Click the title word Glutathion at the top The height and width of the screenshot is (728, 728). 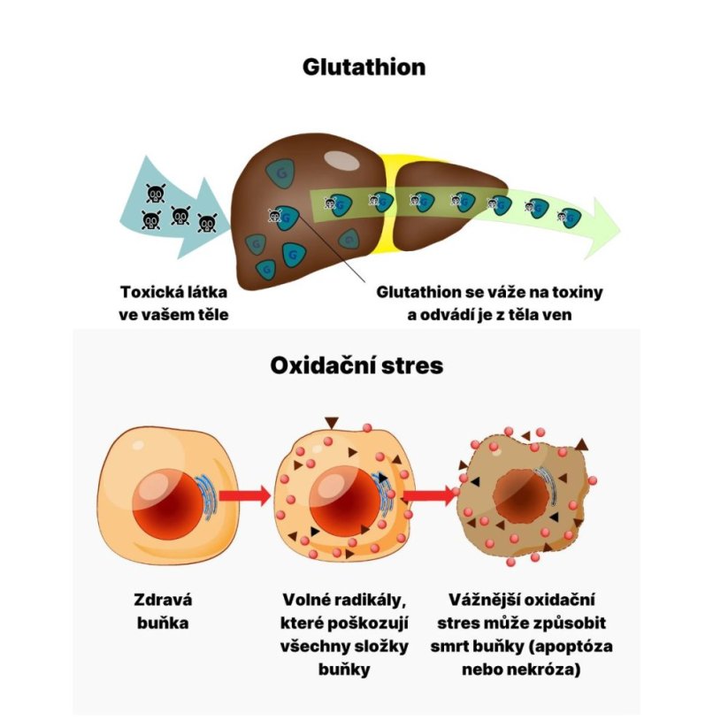tap(364, 67)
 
